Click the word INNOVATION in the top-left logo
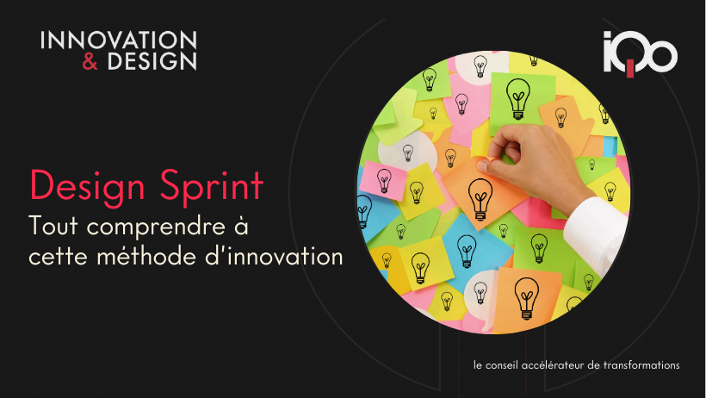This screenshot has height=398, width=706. tap(119, 40)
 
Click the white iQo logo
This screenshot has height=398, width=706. tap(640, 53)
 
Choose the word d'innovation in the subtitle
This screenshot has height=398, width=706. tap(276, 255)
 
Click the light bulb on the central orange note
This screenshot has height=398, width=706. tap(480, 201)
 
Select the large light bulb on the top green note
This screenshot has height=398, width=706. tap(517, 96)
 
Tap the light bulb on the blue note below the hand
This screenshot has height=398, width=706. tap(466, 251)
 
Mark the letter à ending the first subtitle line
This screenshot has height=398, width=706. tap(240, 227)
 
